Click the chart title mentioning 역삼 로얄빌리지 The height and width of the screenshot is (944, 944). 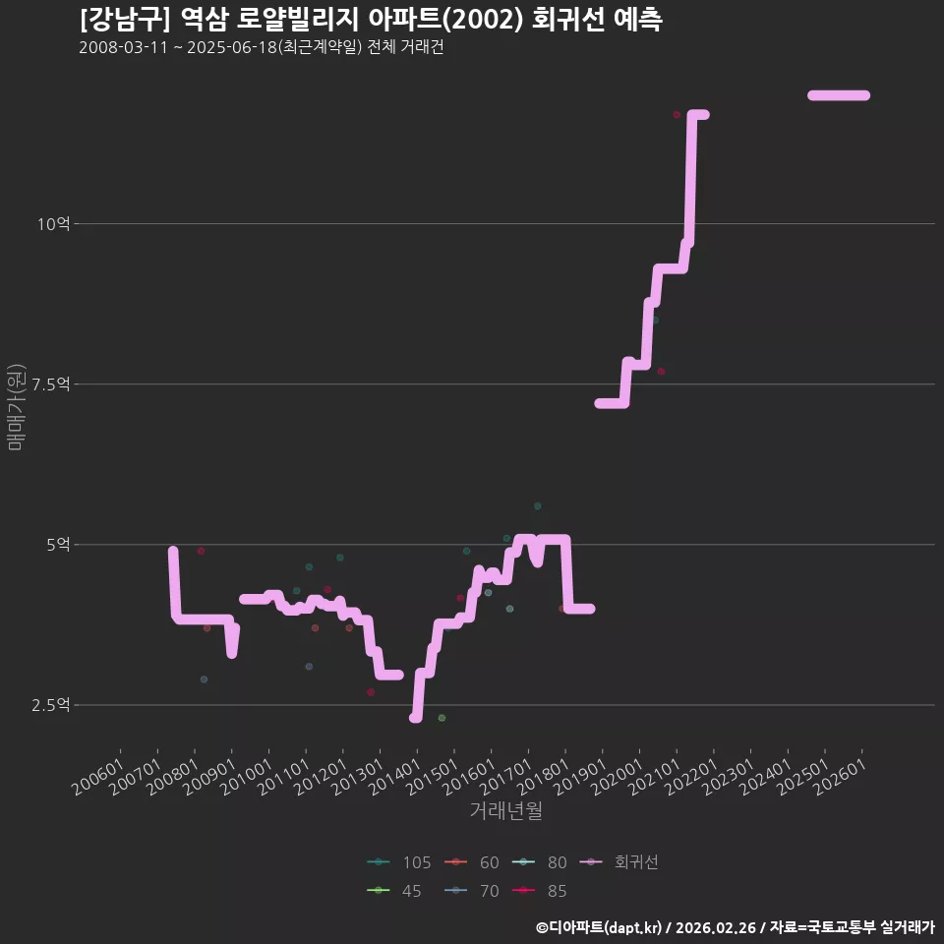pyautogui.click(x=371, y=19)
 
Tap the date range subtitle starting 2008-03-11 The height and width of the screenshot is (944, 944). pyautogui.click(x=262, y=47)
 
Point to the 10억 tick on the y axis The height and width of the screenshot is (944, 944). pyautogui.click(x=53, y=224)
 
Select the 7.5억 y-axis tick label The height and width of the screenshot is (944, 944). pyautogui.click(x=50, y=384)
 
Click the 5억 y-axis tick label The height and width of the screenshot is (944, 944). pyautogui.click(x=58, y=545)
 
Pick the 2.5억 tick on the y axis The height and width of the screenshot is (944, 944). pyautogui.click(x=50, y=705)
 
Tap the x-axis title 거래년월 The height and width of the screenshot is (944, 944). pyautogui.click(x=505, y=810)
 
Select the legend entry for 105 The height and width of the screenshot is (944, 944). pyautogui.click(x=398, y=862)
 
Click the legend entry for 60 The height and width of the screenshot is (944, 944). pyautogui.click(x=471, y=862)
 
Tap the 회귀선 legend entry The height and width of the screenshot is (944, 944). pyautogui.click(x=619, y=862)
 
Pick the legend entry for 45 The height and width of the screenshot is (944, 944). pyautogui.click(x=393, y=891)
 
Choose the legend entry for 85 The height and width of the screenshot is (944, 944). pyautogui.click(x=540, y=891)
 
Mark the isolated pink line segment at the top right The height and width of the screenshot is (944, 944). pyautogui.click(x=839, y=95)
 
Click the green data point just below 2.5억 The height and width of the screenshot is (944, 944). pyautogui.click(x=442, y=718)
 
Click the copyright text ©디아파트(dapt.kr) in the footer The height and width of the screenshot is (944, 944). pyautogui.click(x=599, y=927)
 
